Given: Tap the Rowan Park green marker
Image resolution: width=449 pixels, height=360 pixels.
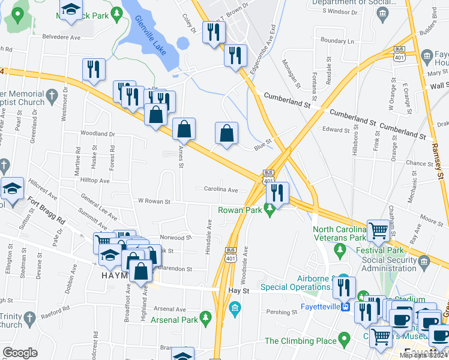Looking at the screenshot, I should [271, 209].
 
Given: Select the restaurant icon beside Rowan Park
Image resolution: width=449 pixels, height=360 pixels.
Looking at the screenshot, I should [277, 193].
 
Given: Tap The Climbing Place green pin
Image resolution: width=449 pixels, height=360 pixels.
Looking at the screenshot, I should [345, 340].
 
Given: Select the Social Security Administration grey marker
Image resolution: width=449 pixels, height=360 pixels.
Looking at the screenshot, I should [424, 261].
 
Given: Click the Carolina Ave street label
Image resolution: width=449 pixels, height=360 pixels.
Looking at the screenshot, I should [221, 190].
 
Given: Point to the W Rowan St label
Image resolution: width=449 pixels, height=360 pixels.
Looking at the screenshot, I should [154, 202].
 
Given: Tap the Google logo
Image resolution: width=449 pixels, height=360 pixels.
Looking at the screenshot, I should [20, 353].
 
